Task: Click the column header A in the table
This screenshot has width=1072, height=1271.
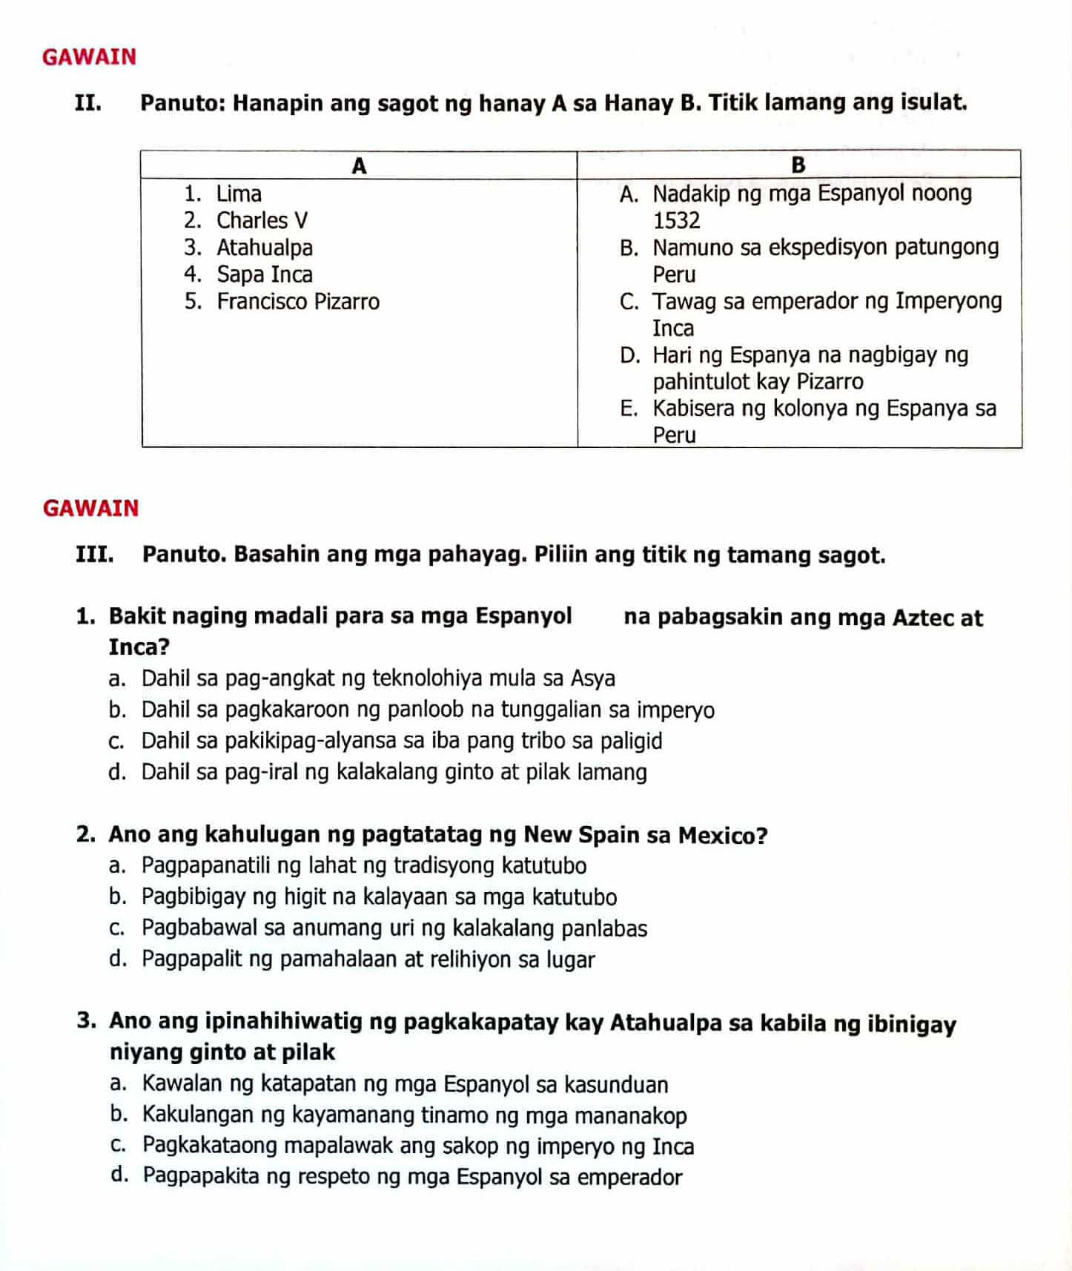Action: [x=359, y=165]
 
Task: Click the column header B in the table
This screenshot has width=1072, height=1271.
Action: [x=798, y=165]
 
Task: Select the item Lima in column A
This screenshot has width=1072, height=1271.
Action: [x=239, y=194]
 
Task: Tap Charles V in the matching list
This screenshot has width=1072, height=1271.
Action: [x=262, y=221]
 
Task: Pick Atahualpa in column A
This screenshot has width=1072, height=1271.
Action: [x=265, y=248]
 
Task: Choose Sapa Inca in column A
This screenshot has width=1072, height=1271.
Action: [x=265, y=275]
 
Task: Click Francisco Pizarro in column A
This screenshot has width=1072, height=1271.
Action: [x=298, y=302]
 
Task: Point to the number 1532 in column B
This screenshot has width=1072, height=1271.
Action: [x=676, y=221]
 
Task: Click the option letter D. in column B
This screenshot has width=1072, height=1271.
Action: [x=630, y=356]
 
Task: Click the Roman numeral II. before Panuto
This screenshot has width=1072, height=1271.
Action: [x=88, y=103]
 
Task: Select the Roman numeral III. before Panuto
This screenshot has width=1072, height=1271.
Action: [x=94, y=555]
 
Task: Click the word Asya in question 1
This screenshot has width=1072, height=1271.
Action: [x=593, y=679]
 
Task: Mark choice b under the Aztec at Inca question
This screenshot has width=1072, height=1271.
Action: [x=117, y=710]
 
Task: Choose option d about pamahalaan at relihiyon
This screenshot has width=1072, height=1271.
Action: [x=117, y=960]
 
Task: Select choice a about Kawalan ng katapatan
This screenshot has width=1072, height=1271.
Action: [x=117, y=1084]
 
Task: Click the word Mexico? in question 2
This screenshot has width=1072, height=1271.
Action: [x=723, y=836]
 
